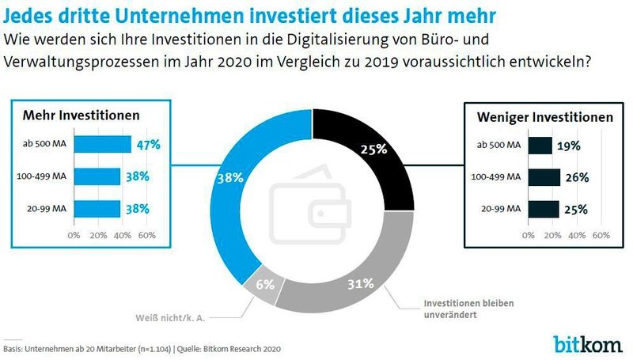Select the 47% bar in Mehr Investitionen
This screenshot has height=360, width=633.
(x=102, y=144)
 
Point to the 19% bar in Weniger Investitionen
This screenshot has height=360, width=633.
(x=540, y=146)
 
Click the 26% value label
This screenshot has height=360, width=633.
(x=577, y=177)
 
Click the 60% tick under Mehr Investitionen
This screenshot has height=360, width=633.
(x=146, y=235)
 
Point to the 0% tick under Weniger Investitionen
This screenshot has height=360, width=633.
(x=529, y=235)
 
